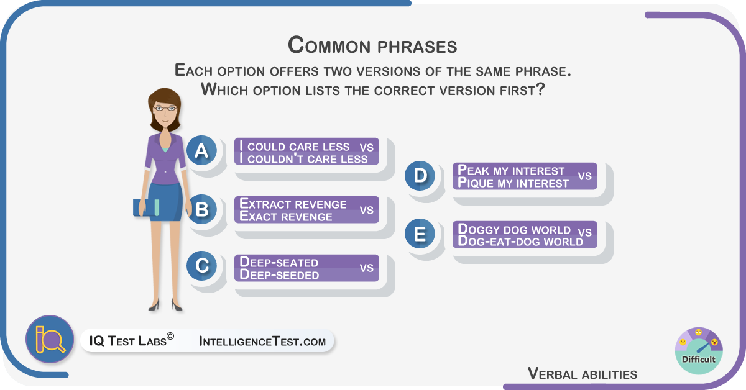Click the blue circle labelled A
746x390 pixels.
(x=201, y=150)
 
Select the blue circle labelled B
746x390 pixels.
(x=201, y=209)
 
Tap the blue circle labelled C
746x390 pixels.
(x=201, y=266)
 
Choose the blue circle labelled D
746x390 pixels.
(x=420, y=176)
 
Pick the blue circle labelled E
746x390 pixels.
(x=420, y=234)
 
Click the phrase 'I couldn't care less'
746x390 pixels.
(x=304, y=159)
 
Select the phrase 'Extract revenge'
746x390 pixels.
(x=293, y=204)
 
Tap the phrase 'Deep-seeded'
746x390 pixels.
(x=279, y=274)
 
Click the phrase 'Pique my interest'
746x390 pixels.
(x=513, y=183)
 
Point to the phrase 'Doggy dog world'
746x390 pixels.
(x=514, y=229)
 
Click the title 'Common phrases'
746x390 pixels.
(x=372, y=45)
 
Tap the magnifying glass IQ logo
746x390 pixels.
(x=50, y=339)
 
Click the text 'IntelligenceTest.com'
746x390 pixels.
(x=262, y=341)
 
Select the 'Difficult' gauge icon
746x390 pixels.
(x=698, y=351)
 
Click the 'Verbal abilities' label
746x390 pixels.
(x=583, y=374)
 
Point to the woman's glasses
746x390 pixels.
(x=165, y=108)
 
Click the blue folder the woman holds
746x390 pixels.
(x=146, y=207)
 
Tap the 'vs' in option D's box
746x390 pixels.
(x=585, y=176)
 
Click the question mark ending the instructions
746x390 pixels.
(x=540, y=89)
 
